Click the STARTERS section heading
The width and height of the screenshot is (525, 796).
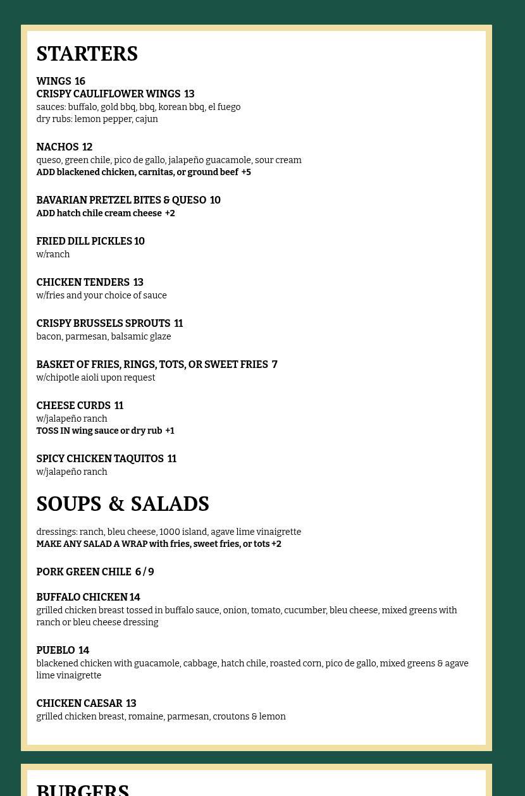click(87, 54)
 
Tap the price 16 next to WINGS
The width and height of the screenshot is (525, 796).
click(80, 82)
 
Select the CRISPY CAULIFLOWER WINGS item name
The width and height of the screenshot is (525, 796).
click(108, 94)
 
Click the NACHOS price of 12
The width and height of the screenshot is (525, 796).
click(87, 147)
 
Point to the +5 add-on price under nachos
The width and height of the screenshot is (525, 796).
click(246, 173)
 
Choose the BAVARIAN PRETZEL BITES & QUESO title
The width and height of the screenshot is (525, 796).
click(121, 200)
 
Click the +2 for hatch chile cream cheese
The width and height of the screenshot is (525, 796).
click(170, 214)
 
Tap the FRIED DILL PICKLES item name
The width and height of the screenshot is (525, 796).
click(84, 242)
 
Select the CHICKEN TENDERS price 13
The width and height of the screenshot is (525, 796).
click(138, 283)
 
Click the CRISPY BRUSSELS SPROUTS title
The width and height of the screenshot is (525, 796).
click(103, 324)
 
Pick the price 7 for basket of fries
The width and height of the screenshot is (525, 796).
click(275, 365)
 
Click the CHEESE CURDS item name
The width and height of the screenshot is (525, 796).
click(73, 406)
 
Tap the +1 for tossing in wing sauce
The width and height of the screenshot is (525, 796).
click(170, 431)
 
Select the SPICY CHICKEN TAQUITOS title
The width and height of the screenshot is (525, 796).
click(100, 459)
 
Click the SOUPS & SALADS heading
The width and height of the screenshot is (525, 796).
click(123, 505)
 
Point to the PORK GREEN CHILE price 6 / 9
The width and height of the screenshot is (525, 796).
click(144, 572)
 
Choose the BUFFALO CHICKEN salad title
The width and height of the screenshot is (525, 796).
click(82, 597)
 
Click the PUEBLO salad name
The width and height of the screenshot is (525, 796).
click(56, 651)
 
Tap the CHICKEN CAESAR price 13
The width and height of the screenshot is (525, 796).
click(131, 704)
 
